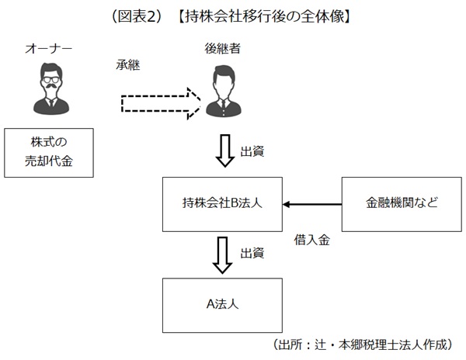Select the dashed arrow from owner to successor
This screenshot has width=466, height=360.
coord(161,102)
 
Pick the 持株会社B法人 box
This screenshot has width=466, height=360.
coord(223,204)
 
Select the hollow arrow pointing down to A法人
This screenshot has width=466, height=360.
coord(224,254)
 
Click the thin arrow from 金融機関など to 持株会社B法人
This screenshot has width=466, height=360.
coord(312,204)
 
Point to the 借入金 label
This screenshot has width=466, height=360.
coord(313,241)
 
